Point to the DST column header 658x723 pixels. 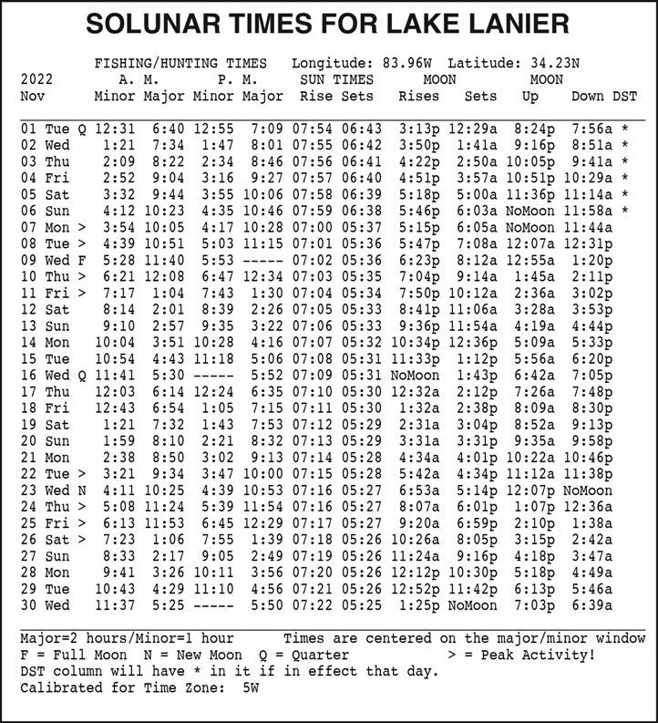pos(624,96)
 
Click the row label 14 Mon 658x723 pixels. pos(43,341)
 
